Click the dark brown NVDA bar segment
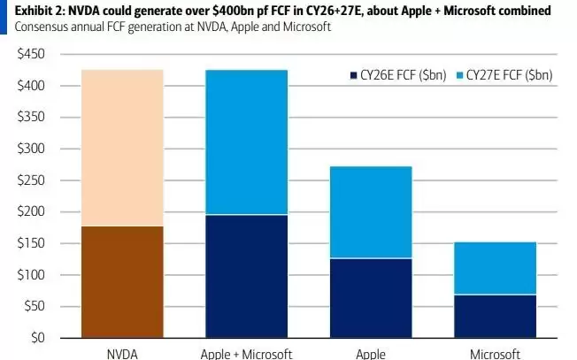[122, 282]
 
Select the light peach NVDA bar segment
[122, 148]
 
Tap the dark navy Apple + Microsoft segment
[245, 276]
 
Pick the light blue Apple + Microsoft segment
[245, 142]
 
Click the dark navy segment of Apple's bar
[369, 298]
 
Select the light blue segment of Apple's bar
[369, 211]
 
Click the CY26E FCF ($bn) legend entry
[398, 76]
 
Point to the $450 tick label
[31, 54]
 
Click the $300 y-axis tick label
[31, 149]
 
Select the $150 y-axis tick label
[31, 243]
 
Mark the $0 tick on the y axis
[37, 338]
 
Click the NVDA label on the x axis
[122, 353]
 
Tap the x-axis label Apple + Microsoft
[245, 353]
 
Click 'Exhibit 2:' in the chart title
[33, 10]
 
